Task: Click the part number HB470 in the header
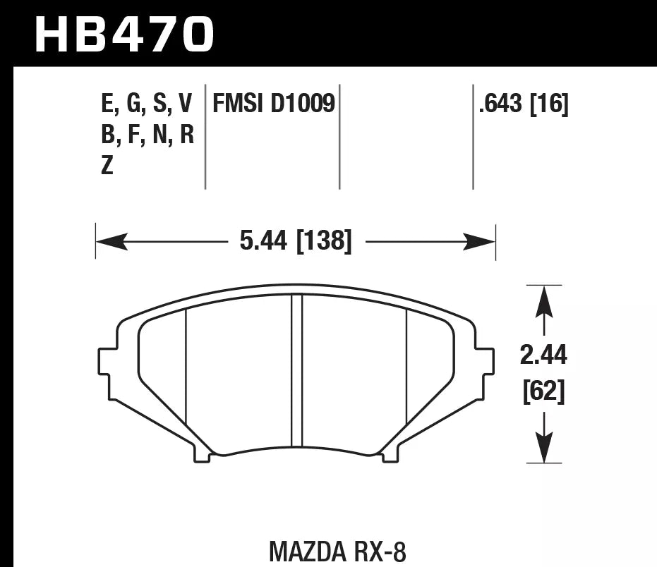coord(124,33)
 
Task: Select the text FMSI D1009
coord(273,104)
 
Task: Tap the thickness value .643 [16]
coord(523,104)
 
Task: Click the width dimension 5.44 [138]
coord(295,242)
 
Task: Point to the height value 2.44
coord(543,357)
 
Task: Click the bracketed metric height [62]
coord(543,392)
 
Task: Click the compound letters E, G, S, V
coord(147,104)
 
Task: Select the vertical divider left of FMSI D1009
coord(205,138)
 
